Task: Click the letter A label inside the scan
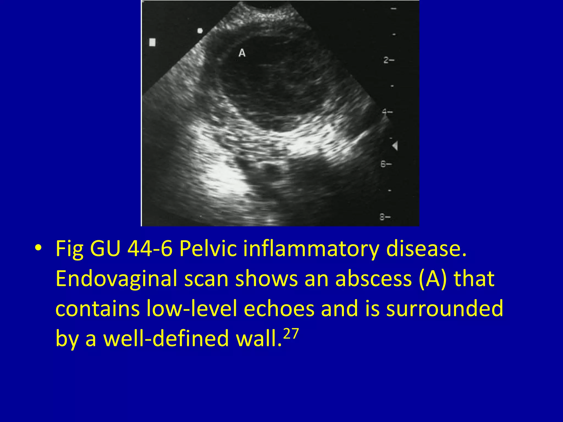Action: tap(242, 53)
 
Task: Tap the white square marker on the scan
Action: tap(152, 42)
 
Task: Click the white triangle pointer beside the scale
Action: tap(395, 146)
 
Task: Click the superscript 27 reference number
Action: tap(291, 334)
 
